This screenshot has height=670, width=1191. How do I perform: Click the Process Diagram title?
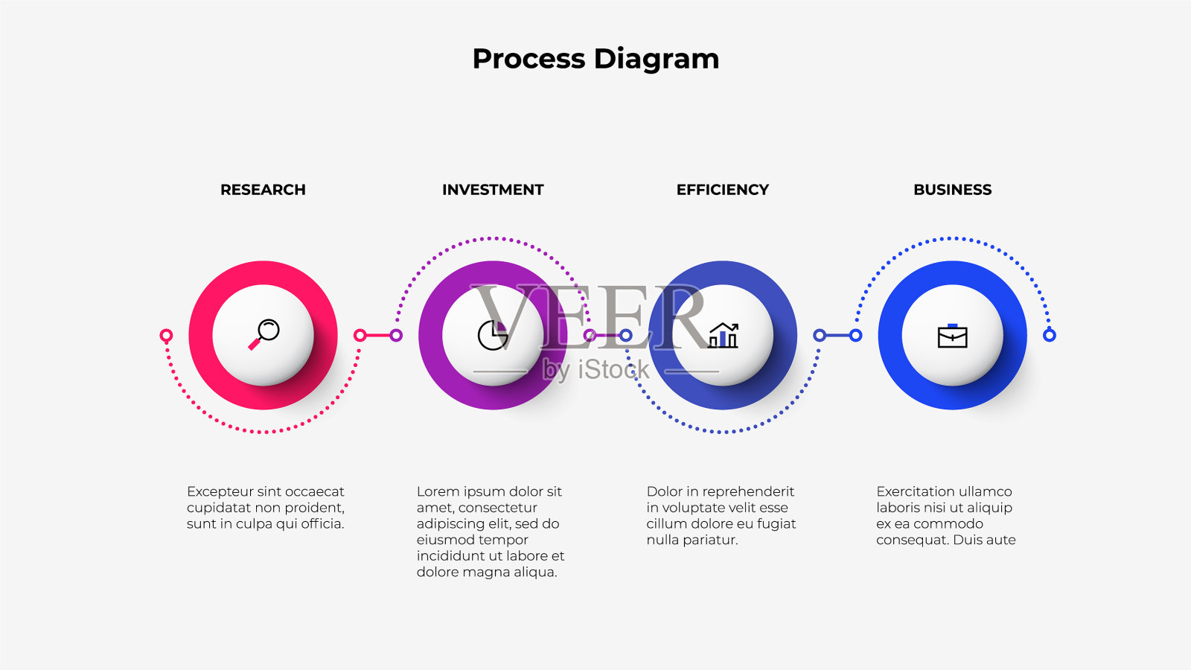pyautogui.click(x=595, y=59)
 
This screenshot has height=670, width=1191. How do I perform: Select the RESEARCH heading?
pyautogui.click(x=264, y=190)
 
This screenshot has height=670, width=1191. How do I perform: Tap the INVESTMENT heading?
pyautogui.click(x=493, y=190)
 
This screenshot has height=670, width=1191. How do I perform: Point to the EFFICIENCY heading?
pyautogui.click(x=723, y=190)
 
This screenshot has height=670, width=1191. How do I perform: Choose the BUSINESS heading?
pyautogui.click(x=952, y=190)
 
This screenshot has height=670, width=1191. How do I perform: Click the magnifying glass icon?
pyautogui.click(x=264, y=334)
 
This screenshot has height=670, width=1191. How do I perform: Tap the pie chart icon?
pyautogui.click(x=493, y=335)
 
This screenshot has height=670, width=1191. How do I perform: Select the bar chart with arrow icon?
pyautogui.click(x=723, y=335)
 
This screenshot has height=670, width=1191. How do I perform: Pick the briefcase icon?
pyautogui.click(x=952, y=336)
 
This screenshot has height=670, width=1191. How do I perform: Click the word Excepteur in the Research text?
pyautogui.click(x=221, y=492)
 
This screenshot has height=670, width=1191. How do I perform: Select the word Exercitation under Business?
pyautogui.click(x=913, y=491)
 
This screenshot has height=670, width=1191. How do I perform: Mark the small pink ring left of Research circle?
pyautogui.click(x=166, y=335)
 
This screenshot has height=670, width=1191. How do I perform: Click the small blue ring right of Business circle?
pyautogui.click(x=1049, y=335)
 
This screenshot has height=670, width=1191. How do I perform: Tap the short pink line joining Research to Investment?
pyautogui.click(x=378, y=335)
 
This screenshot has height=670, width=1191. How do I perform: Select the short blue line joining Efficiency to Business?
pyautogui.click(x=837, y=335)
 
